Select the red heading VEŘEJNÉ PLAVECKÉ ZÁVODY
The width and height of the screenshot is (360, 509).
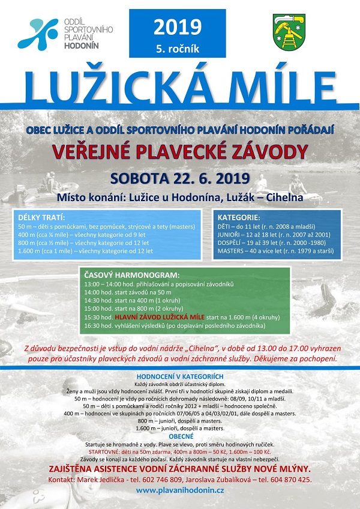(179, 152)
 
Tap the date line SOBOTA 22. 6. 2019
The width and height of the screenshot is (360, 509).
(179, 178)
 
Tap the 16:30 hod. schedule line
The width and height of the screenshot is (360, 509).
(175, 325)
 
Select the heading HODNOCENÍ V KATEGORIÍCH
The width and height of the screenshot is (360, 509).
(179, 376)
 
